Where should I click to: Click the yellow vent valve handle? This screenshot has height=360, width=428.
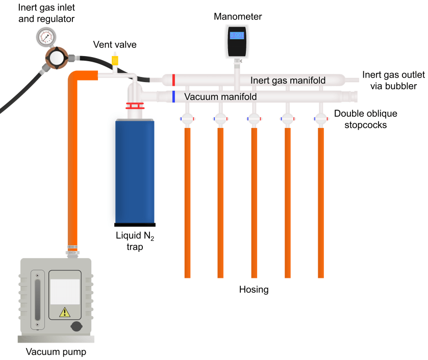click(115, 61)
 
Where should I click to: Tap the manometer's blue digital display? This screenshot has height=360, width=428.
click(237, 35)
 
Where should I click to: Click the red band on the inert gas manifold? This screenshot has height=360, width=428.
click(174, 80)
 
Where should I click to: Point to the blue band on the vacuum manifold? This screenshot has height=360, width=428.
click(174, 96)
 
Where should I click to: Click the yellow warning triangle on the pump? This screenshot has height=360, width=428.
click(65, 312)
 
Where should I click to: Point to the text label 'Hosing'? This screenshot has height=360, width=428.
click(254, 290)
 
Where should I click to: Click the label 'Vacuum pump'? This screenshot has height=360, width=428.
click(56, 352)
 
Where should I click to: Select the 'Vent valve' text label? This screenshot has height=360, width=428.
click(115, 45)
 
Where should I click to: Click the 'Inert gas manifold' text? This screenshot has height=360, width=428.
click(288, 81)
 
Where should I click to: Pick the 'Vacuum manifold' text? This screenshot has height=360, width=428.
click(220, 96)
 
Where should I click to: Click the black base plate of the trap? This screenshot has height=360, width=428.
click(135, 224)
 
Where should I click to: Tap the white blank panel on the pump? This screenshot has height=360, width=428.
click(64, 292)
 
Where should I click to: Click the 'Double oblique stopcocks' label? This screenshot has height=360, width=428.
click(365, 118)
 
